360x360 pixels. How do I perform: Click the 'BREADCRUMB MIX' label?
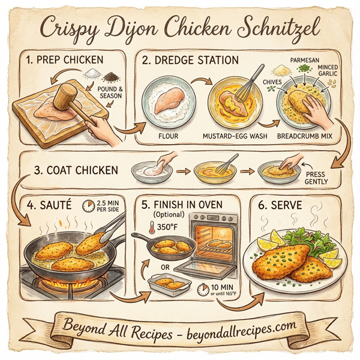[x=305, y=136]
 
